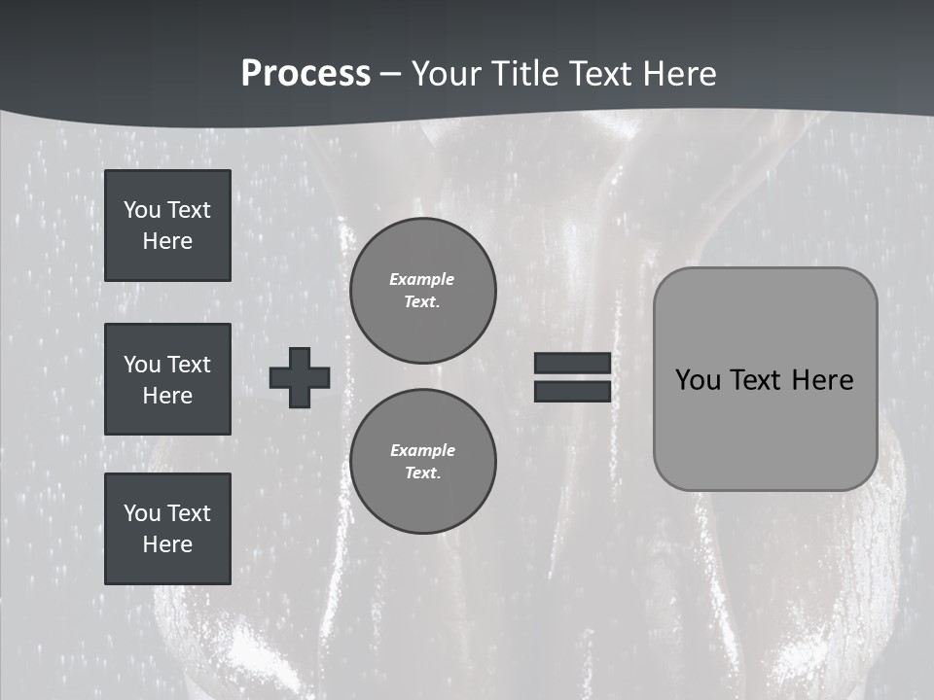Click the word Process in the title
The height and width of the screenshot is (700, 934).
pos(305,74)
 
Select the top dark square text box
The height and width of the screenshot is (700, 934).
pos(167,226)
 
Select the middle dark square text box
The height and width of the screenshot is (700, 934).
pos(167,379)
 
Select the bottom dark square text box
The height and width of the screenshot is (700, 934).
pos(167,529)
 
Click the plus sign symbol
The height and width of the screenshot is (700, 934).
pos(300,377)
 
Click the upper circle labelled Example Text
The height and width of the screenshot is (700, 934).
pos(422,291)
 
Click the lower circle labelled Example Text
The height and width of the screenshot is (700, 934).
pos(422,462)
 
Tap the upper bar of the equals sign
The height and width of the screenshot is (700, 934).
pos(572,363)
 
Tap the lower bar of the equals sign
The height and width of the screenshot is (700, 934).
pos(572,391)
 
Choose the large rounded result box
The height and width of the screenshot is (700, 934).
pos(765,379)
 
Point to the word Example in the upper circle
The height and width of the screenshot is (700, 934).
pos(422,279)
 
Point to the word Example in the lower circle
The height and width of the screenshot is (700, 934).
pos(422,450)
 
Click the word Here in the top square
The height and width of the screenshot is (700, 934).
pos(167,241)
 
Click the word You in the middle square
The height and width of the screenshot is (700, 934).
pos(141,365)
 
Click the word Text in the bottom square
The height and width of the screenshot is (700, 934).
pos(188,513)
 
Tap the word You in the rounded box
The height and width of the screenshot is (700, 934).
pos(697,380)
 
